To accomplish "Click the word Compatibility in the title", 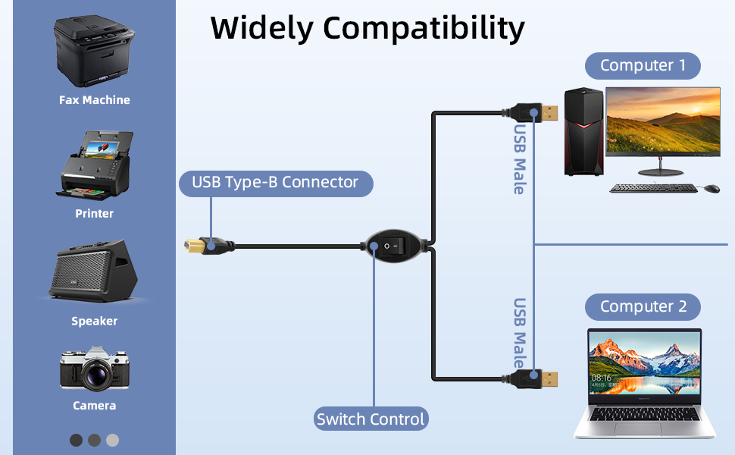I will pyautogui.click(x=423, y=29).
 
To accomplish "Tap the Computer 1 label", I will pyautogui.click(x=643, y=66).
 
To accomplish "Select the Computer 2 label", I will pyautogui.click(x=643, y=307).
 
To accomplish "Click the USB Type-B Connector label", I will pyautogui.click(x=275, y=183).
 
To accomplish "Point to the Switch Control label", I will pyautogui.click(x=371, y=419).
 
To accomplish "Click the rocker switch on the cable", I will pyautogui.click(x=394, y=246).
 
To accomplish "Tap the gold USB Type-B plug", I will pyautogui.click(x=194, y=246).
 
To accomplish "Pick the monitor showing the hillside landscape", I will pyautogui.click(x=662, y=120).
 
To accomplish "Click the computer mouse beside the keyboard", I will pyautogui.click(x=712, y=187).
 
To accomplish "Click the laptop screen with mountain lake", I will pyautogui.click(x=645, y=365).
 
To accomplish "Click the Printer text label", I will pyautogui.click(x=94, y=214).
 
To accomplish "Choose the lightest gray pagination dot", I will pyautogui.click(x=112, y=440).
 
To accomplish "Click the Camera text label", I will pyautogui.click(x=94, y=406).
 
